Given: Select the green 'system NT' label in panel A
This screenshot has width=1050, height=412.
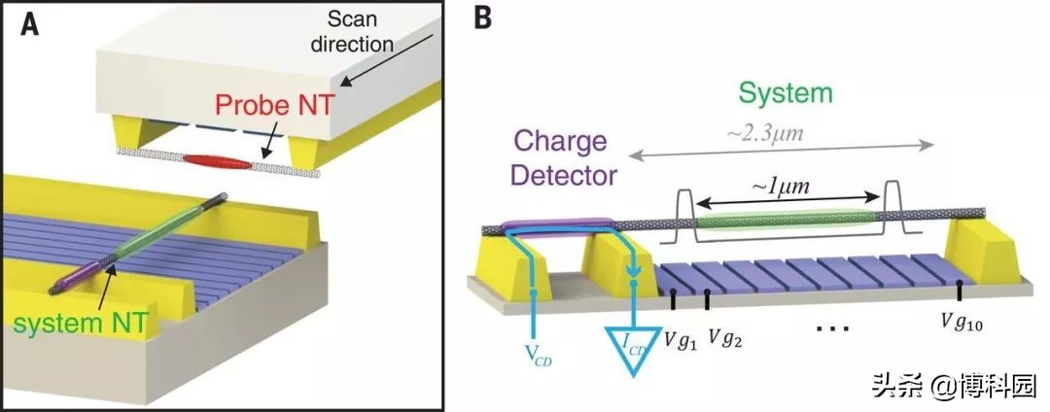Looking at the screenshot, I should [x=78, y=324].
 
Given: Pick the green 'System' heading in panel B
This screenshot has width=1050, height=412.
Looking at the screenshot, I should [x=785, y=93].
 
